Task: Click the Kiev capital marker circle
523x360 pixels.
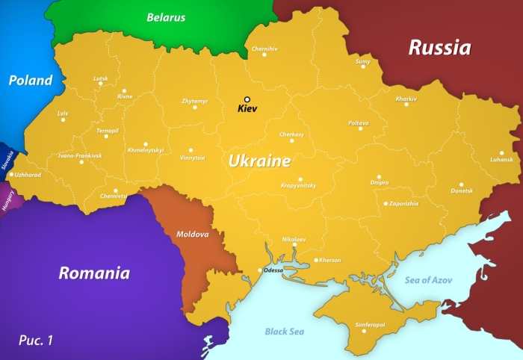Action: (247, 99)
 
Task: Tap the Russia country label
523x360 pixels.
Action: (439, 48)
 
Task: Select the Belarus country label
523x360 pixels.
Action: (166, 17)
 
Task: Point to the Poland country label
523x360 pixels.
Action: (31, 81)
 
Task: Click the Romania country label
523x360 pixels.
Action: (94, 273)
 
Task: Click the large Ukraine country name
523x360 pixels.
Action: (259, 161)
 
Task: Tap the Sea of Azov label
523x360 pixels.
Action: (429, 280)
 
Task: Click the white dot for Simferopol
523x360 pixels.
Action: (364, 332)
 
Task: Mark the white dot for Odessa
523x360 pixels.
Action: (259, 270)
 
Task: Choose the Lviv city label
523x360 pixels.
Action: (62, 113)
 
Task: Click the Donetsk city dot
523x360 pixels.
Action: (461, 184)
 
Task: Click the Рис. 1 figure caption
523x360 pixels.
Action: (36, 341)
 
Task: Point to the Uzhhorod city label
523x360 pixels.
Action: (28, 175)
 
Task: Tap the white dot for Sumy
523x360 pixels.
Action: (363, 66)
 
